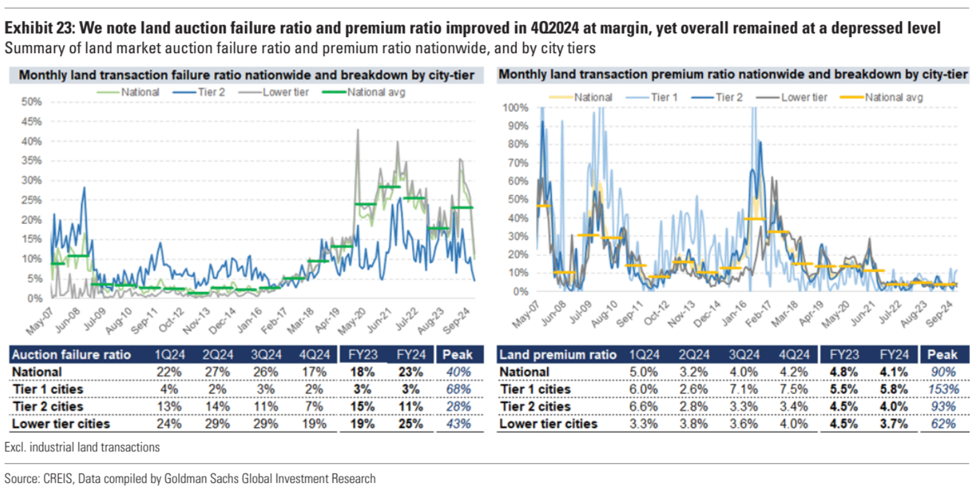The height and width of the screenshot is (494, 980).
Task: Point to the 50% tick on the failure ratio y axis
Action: click(32, 101)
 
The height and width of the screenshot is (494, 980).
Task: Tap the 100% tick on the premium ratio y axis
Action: click(515, 108)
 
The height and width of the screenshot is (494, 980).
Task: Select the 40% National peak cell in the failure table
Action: click(458, 372)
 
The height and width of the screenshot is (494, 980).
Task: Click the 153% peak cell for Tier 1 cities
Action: click(943, 390)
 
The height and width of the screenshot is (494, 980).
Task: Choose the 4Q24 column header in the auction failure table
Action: click(314, 355)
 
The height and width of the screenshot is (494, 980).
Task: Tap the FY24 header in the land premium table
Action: click(894, 355)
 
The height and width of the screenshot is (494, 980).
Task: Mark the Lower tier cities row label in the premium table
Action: click(548, 424)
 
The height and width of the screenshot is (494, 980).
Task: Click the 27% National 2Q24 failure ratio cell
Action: click(217, 372)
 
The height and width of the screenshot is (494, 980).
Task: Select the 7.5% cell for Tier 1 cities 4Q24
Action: click(794, 390)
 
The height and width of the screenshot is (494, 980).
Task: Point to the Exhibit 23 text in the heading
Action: click(40, 28)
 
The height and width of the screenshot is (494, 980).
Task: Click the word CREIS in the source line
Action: click(59, 479)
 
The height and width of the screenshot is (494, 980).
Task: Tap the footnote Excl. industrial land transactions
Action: click(82, 447)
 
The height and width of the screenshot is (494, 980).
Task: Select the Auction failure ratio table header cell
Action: click(71, 355)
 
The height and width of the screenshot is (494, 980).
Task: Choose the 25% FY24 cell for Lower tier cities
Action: click(411, 424)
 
